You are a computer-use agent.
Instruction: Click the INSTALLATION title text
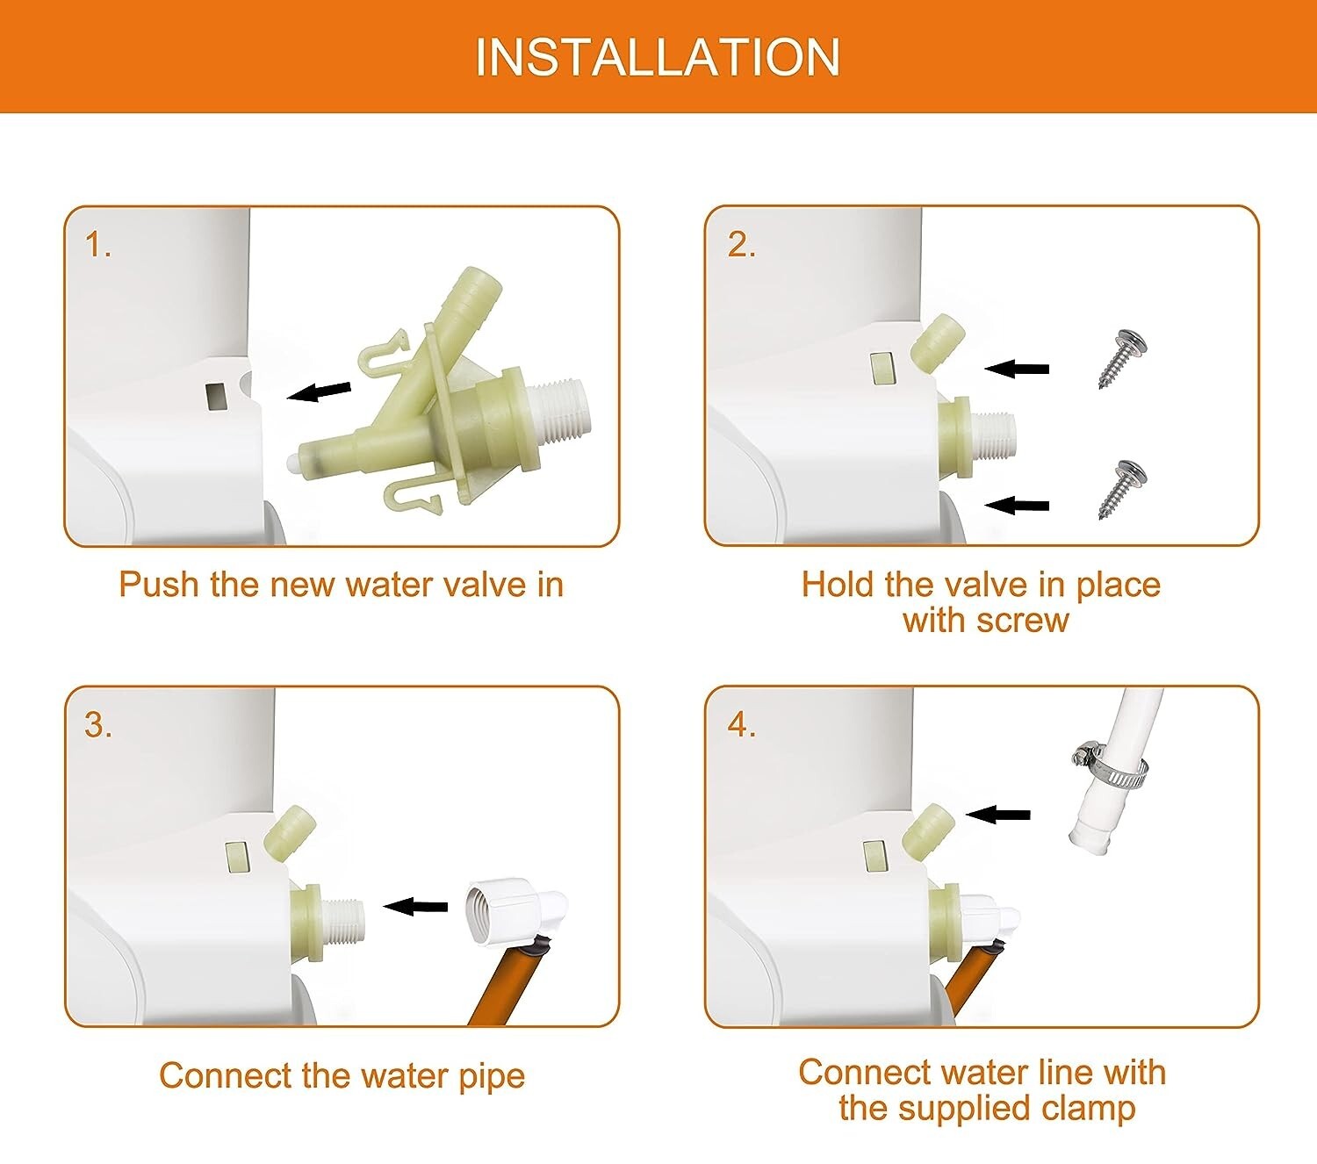click(x=658, y=57)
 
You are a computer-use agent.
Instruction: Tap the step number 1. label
click(x=98, y=245)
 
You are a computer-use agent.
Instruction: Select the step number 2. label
click(x=742, y=245)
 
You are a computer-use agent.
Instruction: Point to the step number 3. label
click(x=98, y=725)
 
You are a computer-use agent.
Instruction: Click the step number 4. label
click(x=742, y=725)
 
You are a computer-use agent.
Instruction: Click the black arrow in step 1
click(x=320, y=392)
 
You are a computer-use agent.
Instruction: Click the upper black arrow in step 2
click(x=1017, y=370)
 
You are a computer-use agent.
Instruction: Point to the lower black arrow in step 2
click(x=1017, y=505)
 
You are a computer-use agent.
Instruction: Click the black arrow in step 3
click(x=415, y=906)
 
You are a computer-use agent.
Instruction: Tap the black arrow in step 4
click(x=997, y=814)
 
